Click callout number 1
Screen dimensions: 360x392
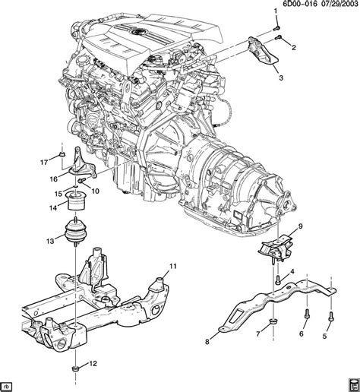click(x=276, y=11)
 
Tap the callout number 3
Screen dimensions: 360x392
click(x=281, y=78)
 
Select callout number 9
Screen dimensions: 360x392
click(x=300, y=226)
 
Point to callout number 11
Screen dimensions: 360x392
click(x=173, y=266)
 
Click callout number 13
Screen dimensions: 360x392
click(x=50, y=241)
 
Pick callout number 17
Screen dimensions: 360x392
click(x=44, y=162)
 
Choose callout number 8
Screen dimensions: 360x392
click(x=207, y=342)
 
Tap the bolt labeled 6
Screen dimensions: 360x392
click(x=307, y=314)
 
